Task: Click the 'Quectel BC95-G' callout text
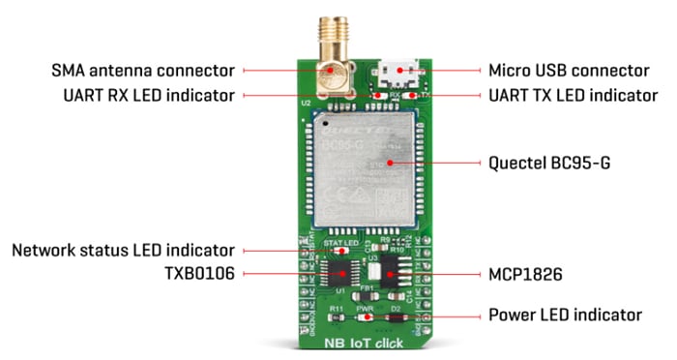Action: tap(538, 164)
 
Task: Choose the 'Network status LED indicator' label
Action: tap(124, 251)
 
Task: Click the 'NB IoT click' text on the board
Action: tap(366, 342)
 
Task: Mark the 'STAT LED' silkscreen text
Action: tap(335, 241)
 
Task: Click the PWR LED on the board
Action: tap(365, 318)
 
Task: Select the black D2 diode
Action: tap(395, 318)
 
